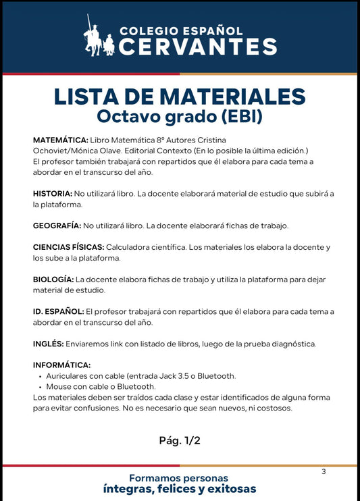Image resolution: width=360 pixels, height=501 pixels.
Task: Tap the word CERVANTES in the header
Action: (198, 46)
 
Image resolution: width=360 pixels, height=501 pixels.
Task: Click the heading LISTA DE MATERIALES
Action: (180, 95)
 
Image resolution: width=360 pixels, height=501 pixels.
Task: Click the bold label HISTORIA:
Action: (52, 194)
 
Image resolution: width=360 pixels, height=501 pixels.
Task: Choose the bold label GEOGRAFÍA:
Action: (57, 225)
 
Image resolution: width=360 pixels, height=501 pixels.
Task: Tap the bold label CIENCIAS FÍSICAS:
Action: (68, 247)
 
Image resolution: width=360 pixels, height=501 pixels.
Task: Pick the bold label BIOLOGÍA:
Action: (53, 279)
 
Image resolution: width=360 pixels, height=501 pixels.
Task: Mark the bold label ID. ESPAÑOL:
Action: (59, 311)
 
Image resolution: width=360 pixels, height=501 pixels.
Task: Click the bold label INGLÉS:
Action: (49, 343)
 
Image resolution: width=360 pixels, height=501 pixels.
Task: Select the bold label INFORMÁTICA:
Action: (61, 365)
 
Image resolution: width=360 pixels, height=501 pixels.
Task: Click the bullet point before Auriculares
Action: (41, 376)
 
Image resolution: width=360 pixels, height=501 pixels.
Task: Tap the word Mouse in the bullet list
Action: (59, 387)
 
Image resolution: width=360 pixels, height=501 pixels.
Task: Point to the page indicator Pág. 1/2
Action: (180, 440)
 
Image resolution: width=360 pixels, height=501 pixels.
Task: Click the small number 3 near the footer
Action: (324, 471)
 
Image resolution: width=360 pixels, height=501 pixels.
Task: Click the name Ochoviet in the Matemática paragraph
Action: (51, 150)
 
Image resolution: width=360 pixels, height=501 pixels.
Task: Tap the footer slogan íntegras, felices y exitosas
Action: (180, 489)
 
